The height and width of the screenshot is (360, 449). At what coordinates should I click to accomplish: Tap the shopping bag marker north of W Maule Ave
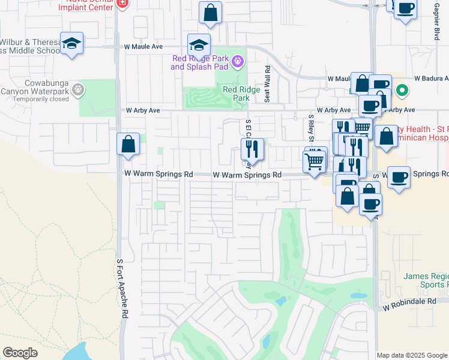pos(210,13)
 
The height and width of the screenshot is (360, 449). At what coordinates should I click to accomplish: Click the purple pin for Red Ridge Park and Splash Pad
pos(238,61)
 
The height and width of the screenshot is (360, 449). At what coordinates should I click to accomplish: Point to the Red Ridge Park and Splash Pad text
pos(201,62)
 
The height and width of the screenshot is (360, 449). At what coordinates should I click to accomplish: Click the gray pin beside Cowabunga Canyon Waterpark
pos(77,90)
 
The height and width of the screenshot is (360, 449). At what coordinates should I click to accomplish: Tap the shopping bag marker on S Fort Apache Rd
pos(128,145)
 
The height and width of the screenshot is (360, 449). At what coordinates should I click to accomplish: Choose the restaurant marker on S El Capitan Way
pos(253,150)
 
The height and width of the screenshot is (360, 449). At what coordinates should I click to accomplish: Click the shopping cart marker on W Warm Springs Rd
pos(315,161)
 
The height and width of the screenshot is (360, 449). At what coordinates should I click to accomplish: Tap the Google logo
pos(20,353)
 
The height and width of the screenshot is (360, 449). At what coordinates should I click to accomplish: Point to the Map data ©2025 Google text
pos(411,355)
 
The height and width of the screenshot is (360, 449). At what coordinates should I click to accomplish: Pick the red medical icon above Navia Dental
pos(122,3)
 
